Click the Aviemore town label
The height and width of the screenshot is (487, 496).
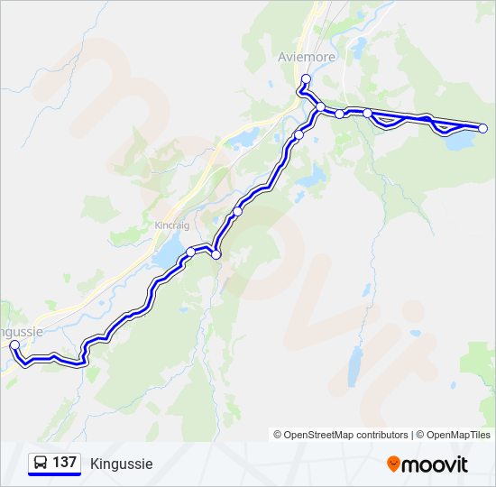[x=307, y=57]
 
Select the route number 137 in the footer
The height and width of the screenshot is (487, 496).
[x=64, y=463]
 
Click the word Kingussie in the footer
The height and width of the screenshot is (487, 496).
[x=122, y=464]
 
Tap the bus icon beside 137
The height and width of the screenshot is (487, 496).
[x=41, y=463]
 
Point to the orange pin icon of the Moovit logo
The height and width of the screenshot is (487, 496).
[x=393, y=464]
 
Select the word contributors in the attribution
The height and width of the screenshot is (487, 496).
[x=380, y=435]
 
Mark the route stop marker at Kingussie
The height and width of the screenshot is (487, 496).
[x=14, y=345]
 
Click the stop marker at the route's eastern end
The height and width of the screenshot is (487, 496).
[x=482, y=129]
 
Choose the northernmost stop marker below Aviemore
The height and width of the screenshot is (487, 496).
[x=307, y=78]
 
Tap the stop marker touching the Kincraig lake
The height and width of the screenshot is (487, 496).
[x=190, y=252]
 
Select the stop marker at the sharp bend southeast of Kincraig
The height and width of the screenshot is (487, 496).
[x=216, y=255]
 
